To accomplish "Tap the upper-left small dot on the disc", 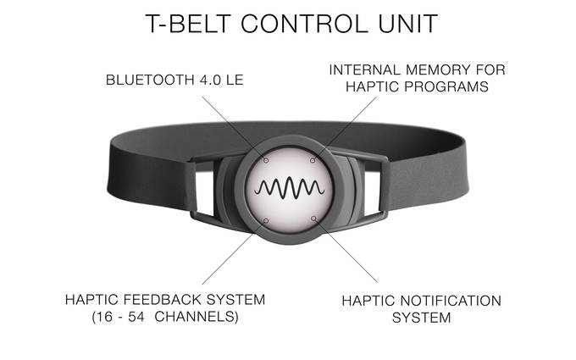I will pos(265,159).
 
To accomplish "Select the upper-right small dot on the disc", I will pos(313,158).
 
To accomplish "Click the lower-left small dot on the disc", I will pos(265,219).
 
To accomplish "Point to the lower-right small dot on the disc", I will pos(314,219).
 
